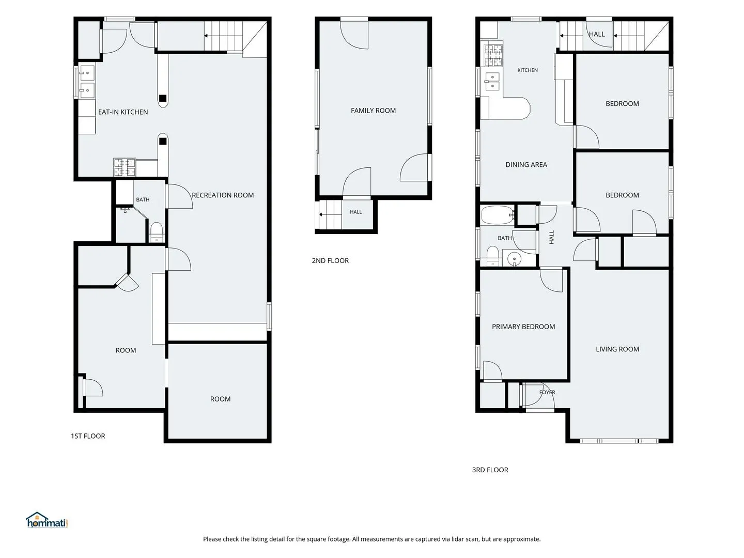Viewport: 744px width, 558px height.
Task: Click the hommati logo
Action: (x=47, y=520)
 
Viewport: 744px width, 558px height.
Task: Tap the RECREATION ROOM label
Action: (x=223, y=195)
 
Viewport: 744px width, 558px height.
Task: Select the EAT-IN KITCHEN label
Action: (x=123, y=112)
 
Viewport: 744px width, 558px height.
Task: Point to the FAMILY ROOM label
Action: (x=373, y=111)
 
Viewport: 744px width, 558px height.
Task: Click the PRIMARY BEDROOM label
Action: (x=523, y=327)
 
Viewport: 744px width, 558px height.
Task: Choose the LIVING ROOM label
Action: (x=617, y=349)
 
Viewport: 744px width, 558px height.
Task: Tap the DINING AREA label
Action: (x=526, y=165)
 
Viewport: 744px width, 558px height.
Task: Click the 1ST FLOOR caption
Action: (x=88, y=436)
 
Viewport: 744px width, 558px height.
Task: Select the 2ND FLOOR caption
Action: (x=330, y=260)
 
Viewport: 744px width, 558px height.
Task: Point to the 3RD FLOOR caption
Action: (x=490, y=470)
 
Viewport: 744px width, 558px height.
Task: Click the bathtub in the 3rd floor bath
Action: (x=497, y=215)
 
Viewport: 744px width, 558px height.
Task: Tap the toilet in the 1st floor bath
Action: (x=156, y=232)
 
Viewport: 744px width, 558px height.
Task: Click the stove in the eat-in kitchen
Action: (x=125, y=167)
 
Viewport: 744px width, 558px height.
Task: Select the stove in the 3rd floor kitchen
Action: (x=493, y=55)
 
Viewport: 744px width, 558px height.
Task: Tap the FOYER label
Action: (x=547, y=392)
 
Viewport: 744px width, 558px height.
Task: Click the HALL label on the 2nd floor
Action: (x=355, y=212)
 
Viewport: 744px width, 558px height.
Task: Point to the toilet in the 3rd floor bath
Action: (x=492, y=256)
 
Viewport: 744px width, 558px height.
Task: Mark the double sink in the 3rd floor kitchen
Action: (x=492, y=82)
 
